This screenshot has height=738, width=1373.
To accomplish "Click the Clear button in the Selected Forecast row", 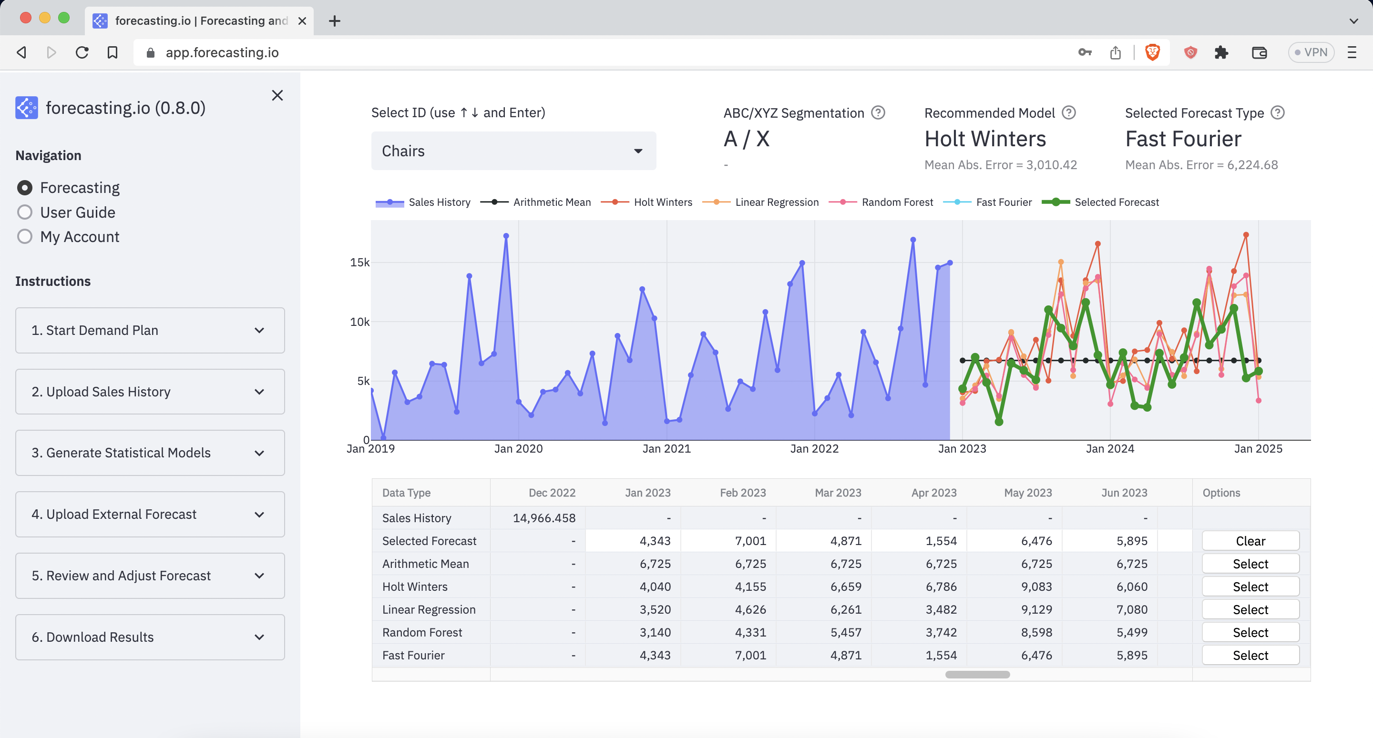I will coord(1250,541).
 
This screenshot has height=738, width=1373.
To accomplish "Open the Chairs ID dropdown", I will coord(513,151).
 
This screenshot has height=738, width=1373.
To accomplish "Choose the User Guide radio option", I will coord(24,212).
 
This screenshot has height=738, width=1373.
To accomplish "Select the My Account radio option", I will coord(24,237).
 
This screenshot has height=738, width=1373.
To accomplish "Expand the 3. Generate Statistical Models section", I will coord(150,453).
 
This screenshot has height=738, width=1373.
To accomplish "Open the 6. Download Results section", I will coord(150,637).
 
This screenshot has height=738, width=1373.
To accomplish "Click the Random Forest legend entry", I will coord(897,202).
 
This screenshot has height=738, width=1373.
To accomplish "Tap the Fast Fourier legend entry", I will coord(1003,202).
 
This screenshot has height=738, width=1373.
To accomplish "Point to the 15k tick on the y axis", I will coord(359,262).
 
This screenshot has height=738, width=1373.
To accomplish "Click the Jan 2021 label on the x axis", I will coord(666,449).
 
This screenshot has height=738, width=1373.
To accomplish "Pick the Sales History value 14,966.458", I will coord(543,518).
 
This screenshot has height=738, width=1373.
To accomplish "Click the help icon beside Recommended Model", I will coord(1069,112).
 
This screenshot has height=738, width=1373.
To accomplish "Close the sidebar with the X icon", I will coord(277,95).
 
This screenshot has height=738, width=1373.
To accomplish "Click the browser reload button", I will coord(82,52).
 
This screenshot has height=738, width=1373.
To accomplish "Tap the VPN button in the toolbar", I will coord(1311,52).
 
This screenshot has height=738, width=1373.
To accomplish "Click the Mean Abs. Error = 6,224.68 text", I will coord(1201,165).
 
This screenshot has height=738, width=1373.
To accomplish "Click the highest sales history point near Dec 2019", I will coord(506,235).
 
